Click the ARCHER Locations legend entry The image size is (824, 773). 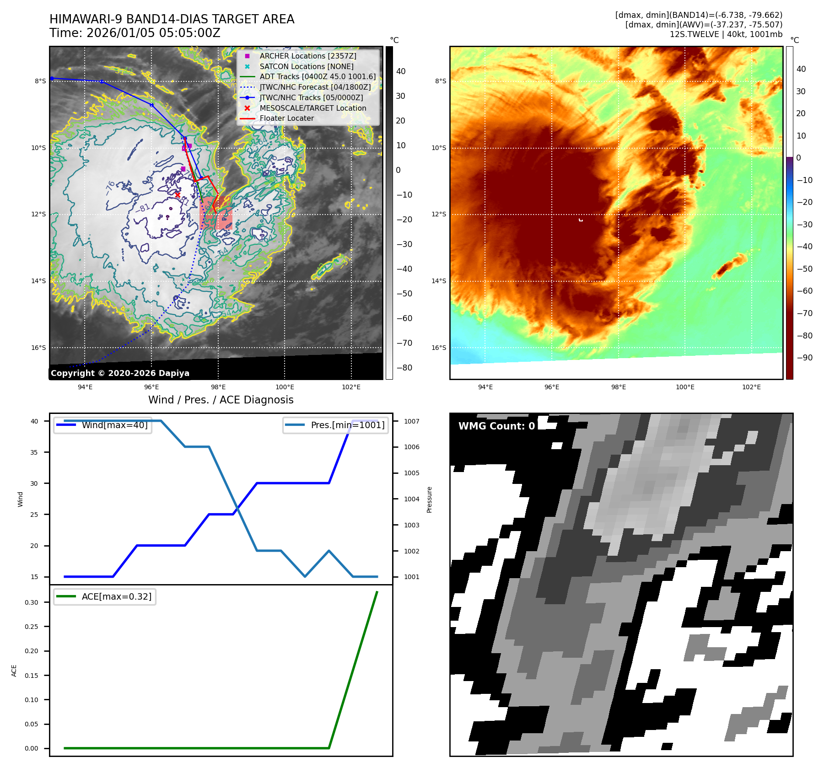click(307, 56)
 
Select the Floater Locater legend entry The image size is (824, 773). click(286, 118)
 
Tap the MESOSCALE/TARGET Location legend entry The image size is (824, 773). click(312, 108)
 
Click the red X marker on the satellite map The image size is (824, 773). click(178, 195)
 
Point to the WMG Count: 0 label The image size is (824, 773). click(496, 426)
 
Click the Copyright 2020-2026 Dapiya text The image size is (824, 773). click(120, 373)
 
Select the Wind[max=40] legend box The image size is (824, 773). click(103, 425)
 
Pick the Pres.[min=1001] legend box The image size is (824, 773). click(335, 425)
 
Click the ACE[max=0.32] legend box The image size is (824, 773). click(105, 596)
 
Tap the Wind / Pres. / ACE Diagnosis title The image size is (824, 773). click(221, 400)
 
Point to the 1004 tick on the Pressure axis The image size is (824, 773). click(411, 499)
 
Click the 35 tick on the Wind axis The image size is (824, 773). click(34, 452)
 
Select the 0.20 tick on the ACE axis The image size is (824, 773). click(32, 651)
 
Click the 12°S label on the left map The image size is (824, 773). click(38, 215)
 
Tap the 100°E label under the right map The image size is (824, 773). click(685, 387)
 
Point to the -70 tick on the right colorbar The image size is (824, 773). click(804, 313)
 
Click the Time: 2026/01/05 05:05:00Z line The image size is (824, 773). click(135, 33)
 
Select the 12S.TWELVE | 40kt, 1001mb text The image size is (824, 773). click(726, 34)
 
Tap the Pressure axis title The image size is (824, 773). click(429, 499)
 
